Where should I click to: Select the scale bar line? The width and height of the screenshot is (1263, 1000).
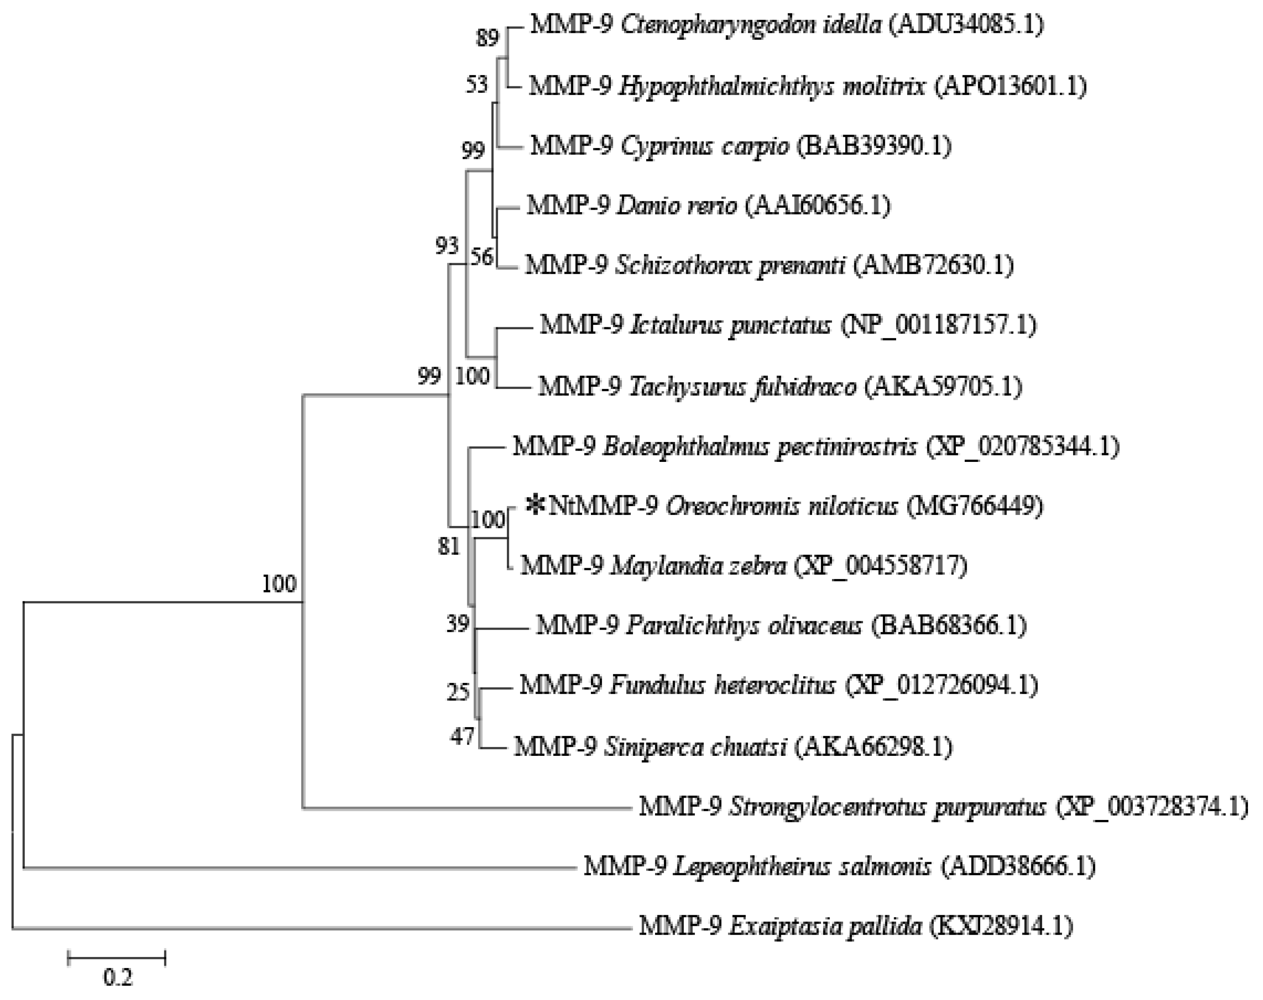click(117, 958)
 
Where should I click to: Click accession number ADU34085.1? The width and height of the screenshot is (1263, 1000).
click(966, 25)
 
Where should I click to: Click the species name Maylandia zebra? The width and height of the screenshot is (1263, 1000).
click(699, 566)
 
